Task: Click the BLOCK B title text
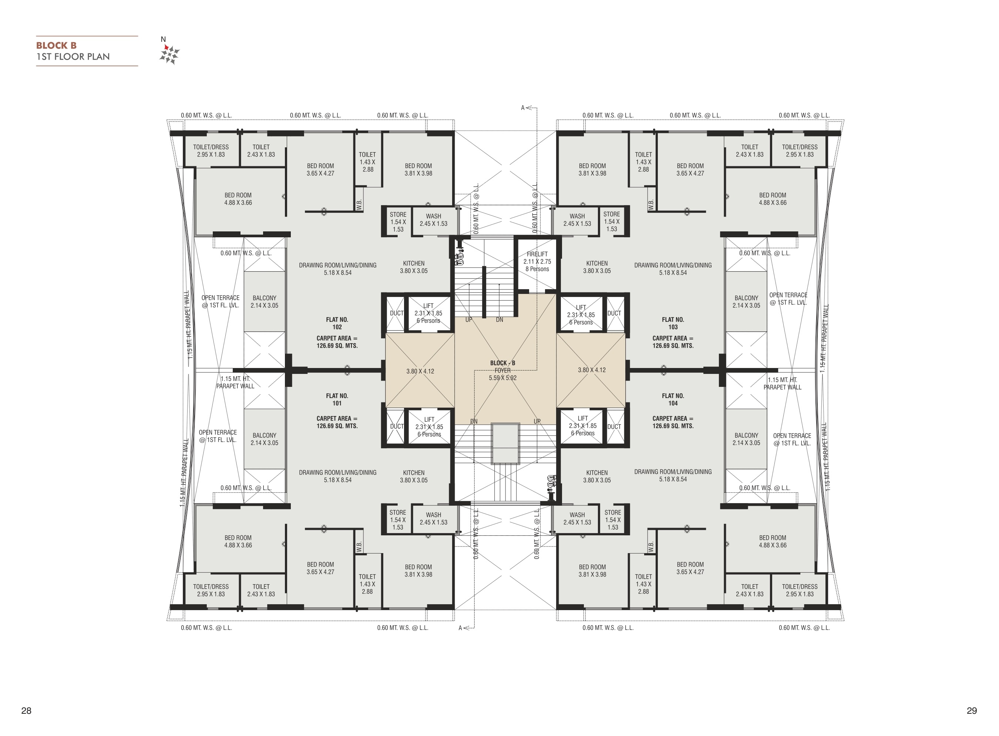point(56,46)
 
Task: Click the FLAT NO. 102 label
point(337,323)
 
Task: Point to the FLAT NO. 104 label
point(673,399)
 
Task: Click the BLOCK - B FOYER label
point(502,370)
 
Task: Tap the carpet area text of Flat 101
point(337,422)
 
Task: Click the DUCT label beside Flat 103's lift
point(614,313)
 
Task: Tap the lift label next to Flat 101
point(429,427)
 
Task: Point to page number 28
point(26,710)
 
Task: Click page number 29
point(972,710)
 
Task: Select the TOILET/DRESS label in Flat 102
point(211,151)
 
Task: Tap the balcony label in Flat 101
point(265,439)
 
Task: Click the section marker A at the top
point(523,108)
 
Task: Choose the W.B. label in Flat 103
point(651,204)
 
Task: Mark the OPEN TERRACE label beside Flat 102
point(221,301)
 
